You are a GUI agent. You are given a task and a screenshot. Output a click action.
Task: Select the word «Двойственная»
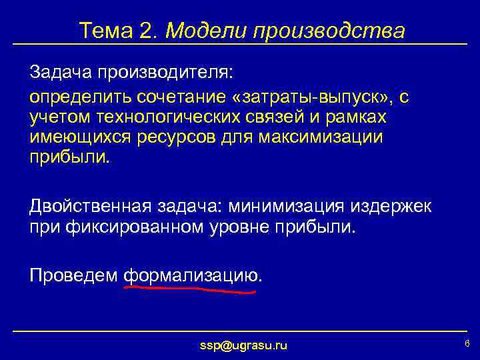point(90,207)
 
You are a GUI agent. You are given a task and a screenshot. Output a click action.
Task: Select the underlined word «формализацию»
point(192,275)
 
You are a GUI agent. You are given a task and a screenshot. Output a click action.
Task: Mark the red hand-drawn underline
point(190,291)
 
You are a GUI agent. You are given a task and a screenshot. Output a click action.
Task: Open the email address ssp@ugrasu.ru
point(244,345)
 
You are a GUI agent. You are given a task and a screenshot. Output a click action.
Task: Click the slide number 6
point(467,343)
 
